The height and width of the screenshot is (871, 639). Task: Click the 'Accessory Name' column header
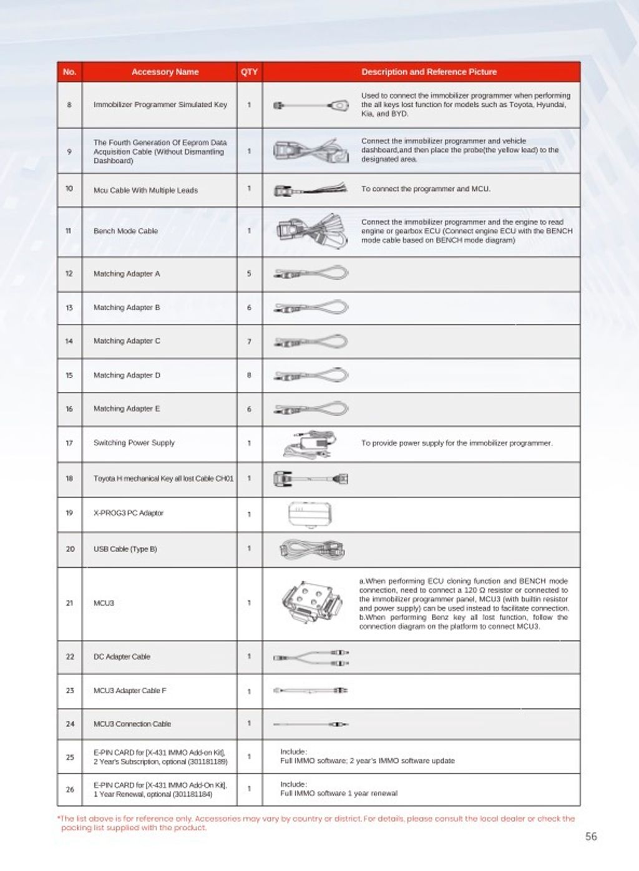[x=165, y=72]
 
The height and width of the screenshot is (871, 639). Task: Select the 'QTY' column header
[x=249, y=72]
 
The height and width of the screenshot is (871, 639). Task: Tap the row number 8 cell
[x=69, y=105]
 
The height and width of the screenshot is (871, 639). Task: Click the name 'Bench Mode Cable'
[x=125, y=231]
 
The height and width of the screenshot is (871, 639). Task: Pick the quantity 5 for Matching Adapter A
[x=249, y=274]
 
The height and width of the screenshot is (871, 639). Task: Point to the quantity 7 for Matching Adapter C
[x=249, y=341]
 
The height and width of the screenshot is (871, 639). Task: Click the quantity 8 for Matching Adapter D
[x=249, y=376]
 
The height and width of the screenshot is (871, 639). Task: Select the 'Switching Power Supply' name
[x=134, y=443]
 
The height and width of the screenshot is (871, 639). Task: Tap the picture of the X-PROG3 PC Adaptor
[x=310, y=514]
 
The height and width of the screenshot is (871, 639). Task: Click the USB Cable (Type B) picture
[x=311, y=549]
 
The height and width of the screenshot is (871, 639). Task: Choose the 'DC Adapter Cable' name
[x=122, y=657]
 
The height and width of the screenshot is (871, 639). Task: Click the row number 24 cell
[x=70, y=724]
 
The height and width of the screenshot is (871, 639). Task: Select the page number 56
[x=591, y=837]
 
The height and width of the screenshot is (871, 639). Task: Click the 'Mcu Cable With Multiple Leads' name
[x=145, y=190]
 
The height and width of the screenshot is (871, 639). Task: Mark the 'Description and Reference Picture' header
[x=429, y=72]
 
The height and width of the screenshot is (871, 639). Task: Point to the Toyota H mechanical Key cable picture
[x=311, y=479]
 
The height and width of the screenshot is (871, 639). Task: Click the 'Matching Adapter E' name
[x=127, y=409]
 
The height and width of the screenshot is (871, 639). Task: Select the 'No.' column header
[x=69, y=72]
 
